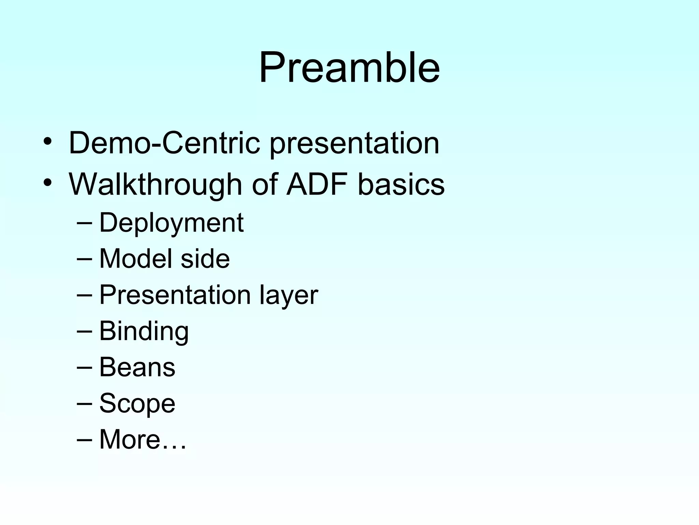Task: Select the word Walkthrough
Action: point(156,185)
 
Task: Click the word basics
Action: point(401,185)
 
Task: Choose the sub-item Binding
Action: point(144,332)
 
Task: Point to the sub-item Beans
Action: point(137,367)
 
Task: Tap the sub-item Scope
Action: point(137,404)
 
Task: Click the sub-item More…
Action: point(143,440)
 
